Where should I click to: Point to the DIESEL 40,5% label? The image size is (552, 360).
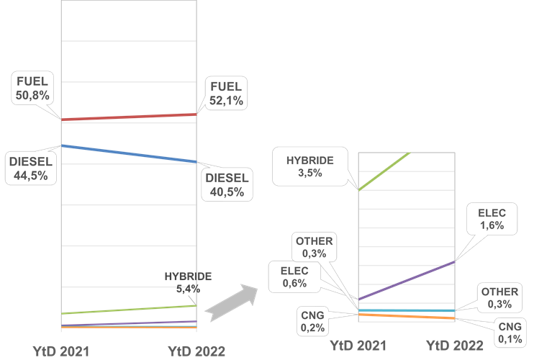tap(225, 184)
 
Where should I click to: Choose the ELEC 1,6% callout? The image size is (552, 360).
tap(492, 219)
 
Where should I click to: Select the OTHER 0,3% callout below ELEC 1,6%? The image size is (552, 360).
tap(499, 297)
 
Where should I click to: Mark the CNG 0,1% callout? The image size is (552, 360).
tap(510, 332)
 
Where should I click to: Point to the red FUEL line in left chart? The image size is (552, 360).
tap(130, 117)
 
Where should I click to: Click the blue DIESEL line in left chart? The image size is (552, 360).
tap(130, 153)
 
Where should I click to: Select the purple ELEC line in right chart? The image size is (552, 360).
tap(407, 281)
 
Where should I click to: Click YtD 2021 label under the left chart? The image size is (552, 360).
tap(61, 351)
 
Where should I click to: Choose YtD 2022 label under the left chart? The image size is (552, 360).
tap(196, 351)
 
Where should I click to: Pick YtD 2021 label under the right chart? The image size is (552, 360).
tap(359, 346)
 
